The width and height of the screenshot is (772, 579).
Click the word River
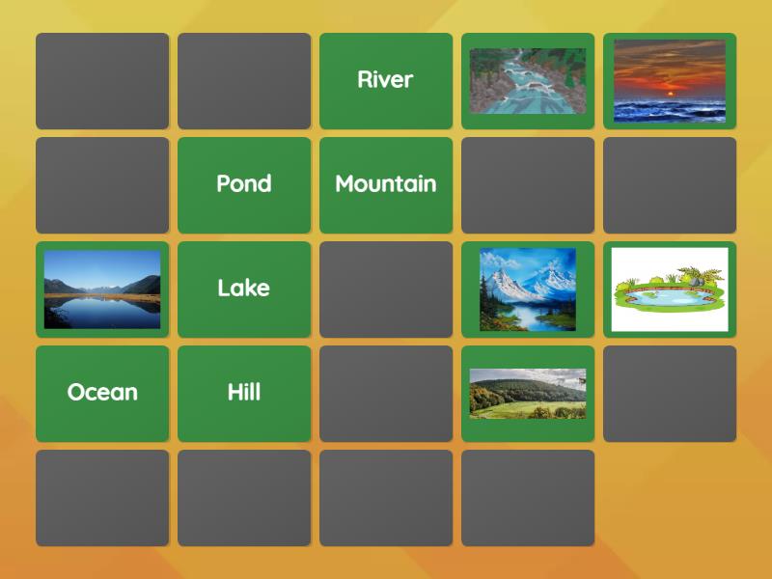385,80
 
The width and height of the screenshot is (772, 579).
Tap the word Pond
244,184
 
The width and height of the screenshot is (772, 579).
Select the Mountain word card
385,184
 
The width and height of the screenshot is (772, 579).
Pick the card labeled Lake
244,289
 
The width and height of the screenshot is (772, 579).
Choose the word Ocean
102,393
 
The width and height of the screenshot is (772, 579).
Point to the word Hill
244,393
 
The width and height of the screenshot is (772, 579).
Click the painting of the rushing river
527,81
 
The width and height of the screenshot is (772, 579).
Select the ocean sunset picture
669,81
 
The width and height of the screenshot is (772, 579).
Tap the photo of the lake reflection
102,289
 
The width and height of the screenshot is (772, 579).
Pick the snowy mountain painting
527,289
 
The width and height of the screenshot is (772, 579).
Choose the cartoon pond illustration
669,289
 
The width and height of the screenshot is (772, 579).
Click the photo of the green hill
527,394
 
